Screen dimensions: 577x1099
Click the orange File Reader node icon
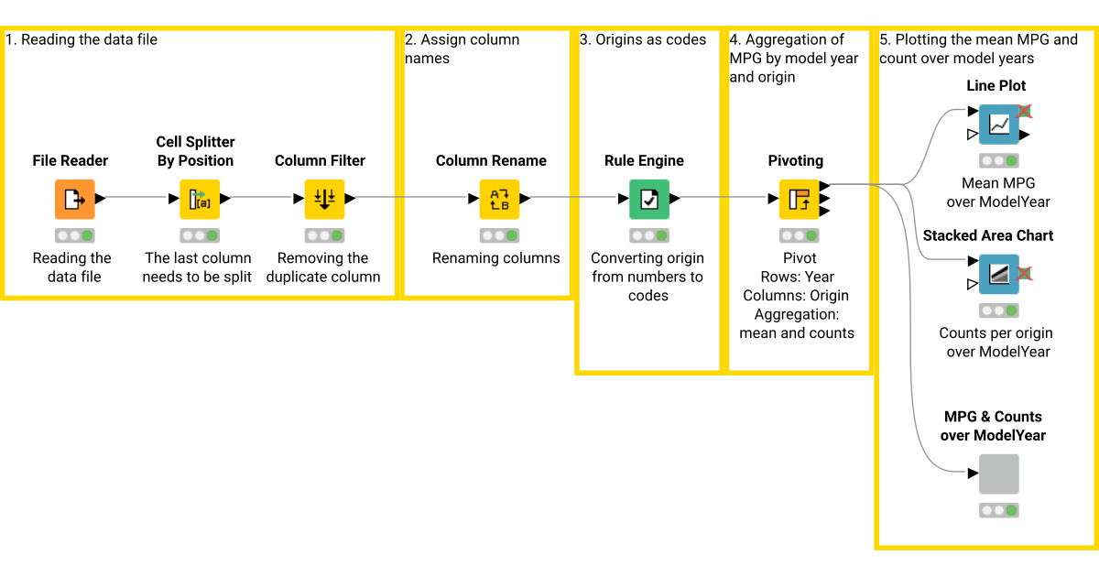pos(74,199)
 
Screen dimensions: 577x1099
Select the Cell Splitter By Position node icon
pos(199,199)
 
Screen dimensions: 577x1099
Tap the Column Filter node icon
pos(323,199)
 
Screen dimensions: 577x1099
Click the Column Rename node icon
pos(499,199)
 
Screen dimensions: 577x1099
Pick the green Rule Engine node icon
pos(648,199)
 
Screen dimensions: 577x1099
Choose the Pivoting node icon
pos(798,199)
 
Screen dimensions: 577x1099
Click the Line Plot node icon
pos(998,124)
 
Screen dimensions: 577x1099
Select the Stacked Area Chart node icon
pos(998,273)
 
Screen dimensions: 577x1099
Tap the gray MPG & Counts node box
pos(998,474)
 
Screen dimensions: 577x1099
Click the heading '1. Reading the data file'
pos(82,39)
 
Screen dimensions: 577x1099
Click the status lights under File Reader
pos(74,235)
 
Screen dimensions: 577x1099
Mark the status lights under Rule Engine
pos(648,235)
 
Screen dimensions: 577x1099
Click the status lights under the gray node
pos(998,510)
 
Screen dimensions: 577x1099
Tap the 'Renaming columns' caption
pos(495,258)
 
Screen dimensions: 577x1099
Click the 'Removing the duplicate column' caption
pos(323,267)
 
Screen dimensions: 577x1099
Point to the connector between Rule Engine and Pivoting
pos(724,198)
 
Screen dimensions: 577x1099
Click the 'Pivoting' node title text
pos(795,160)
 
